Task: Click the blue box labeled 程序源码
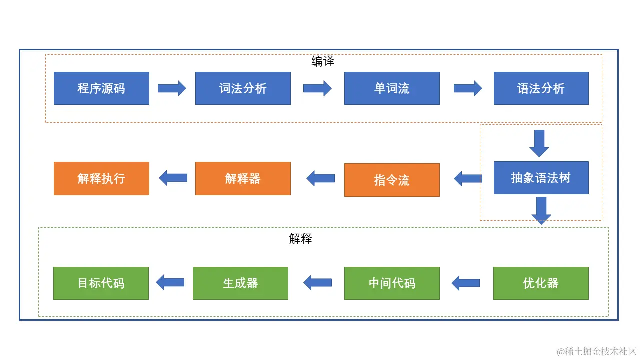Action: point(101,88)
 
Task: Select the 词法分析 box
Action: point(243,88)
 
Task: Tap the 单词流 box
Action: point(392,88)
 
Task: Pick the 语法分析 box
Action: point(541,88)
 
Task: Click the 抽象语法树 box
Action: point(541,178)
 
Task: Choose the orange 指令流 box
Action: point(392,180)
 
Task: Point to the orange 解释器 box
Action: point(243,178)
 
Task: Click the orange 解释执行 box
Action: point(101,178)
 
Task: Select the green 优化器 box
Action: point(541,283)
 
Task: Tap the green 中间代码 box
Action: point(392,283)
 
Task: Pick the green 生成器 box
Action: point(240,283)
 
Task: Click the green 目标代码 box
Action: point(101,283)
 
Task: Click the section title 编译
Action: point(323,61)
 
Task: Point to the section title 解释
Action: point(300,239)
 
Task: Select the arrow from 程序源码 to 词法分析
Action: point(172,88)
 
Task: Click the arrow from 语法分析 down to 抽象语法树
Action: point(539,143)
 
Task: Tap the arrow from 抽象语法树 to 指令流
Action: point(468,178)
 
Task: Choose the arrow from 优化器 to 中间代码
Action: point(465,283)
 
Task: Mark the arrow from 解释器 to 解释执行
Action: point(173,178)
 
